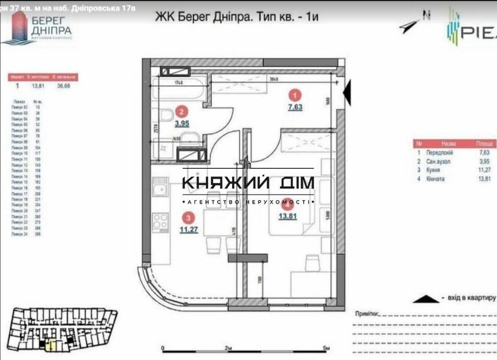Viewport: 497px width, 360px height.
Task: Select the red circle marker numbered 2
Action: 183,113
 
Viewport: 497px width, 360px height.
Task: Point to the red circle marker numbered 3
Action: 188,217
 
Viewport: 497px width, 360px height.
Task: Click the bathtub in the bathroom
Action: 177,90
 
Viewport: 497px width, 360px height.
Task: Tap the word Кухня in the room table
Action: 429,169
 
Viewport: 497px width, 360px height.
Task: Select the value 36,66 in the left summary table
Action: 63,85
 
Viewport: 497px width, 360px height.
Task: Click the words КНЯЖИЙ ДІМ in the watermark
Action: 248,183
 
